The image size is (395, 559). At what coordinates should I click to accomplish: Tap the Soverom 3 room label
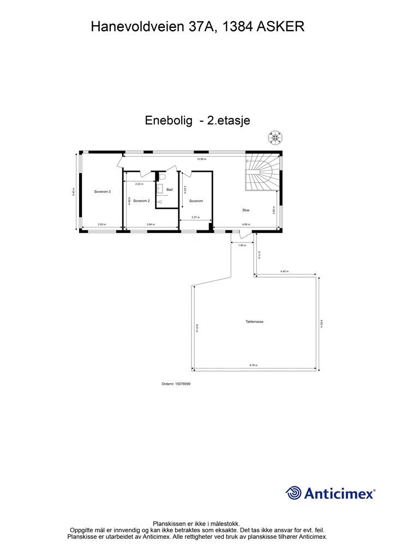(103, 192)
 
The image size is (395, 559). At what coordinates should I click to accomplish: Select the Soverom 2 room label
(141, 201)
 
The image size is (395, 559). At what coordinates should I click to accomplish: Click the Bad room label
(170, 189)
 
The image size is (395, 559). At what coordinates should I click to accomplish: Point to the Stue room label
(246, 210)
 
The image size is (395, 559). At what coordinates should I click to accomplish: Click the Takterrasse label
(255, 322)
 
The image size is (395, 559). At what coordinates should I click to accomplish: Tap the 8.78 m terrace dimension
(254, 365)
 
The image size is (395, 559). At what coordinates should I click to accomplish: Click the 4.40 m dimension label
(284, 271)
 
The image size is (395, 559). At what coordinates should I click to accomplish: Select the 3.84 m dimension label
(151, 225)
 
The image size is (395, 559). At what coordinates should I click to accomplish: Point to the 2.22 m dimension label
(139, 184)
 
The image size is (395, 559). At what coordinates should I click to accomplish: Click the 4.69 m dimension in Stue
(247, 225)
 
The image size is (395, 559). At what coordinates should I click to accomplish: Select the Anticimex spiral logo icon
(294, 493)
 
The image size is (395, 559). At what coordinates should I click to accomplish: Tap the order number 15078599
(176, 384)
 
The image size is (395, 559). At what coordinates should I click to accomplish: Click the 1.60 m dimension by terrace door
(242, 245)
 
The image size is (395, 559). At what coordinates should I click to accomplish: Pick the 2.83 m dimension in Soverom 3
(101, 225)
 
